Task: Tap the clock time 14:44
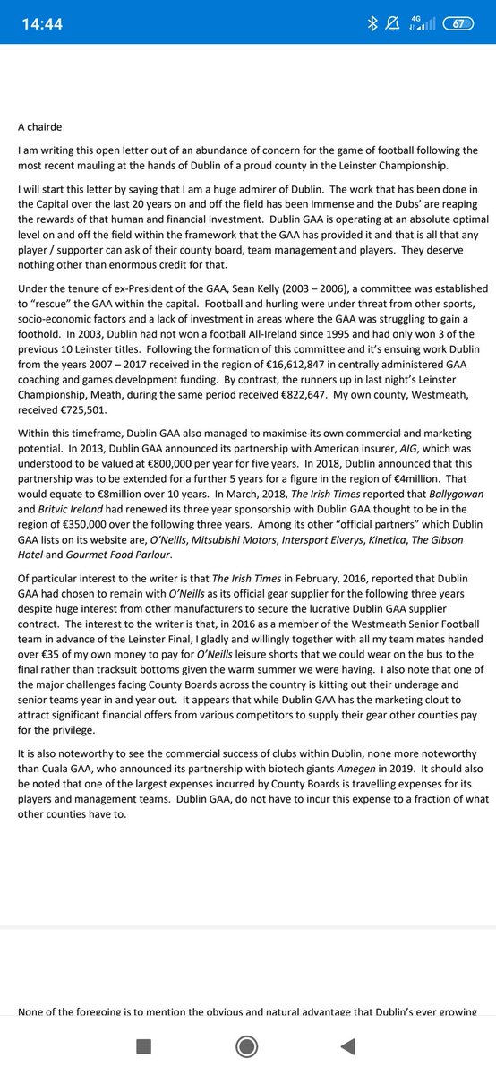(42, 24)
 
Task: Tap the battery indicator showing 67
(458, 24)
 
